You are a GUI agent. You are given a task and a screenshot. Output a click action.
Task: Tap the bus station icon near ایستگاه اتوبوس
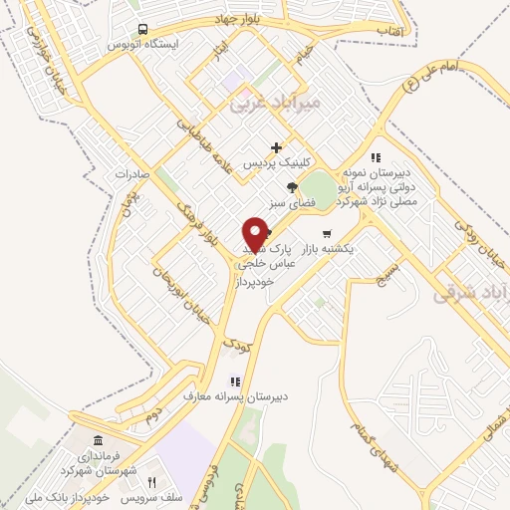coord(144,29)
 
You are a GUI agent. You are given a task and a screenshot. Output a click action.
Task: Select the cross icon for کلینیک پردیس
coord(290,147)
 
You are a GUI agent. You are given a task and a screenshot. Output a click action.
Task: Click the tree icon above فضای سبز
coord(292,186)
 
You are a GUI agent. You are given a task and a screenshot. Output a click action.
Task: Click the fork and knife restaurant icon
coord(151,482)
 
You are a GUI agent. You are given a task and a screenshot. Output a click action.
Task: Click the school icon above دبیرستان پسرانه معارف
coord(236,380)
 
